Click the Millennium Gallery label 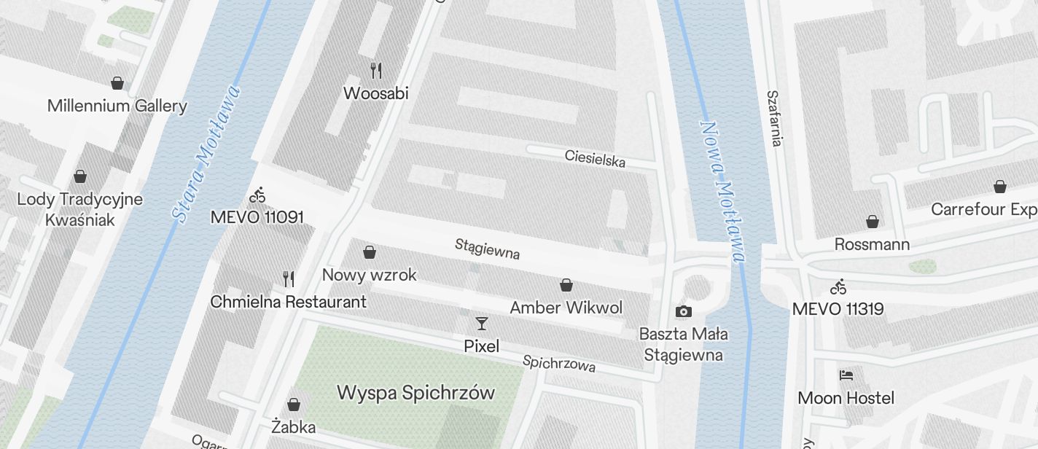(117, 106)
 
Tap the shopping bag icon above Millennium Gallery (117, 83)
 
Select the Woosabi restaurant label (375, 93)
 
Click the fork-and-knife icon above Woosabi (376, 71)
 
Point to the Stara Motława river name (206, 154)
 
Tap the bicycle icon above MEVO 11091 (257, 195)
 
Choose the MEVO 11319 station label (838, 309)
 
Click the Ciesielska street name (595, 158)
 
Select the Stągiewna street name (487, 248)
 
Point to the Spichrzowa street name (559, 363)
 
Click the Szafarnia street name (774, 118)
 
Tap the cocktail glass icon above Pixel (481, 323)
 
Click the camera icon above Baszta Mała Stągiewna (683, 311)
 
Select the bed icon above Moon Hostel (846, 375)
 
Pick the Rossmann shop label (872, 244)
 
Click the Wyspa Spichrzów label (415, 393)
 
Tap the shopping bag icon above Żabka (294, 404)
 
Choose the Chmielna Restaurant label (288, 301)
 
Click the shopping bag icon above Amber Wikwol (566, 285)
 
